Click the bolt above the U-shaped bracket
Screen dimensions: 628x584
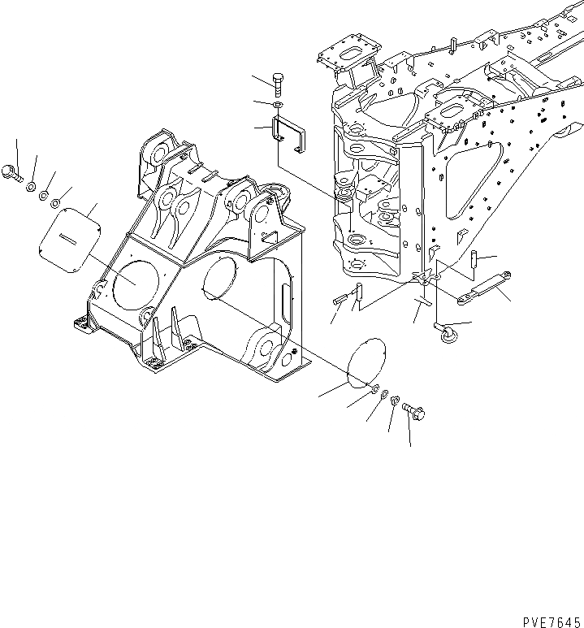click(279, 83)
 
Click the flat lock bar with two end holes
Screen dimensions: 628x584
click(481, 288)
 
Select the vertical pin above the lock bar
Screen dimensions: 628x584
click(472, 261)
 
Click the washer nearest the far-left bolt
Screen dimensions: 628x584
click(30, 188)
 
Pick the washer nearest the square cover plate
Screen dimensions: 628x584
click(54, 203)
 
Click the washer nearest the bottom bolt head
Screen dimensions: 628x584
click(394, 401)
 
